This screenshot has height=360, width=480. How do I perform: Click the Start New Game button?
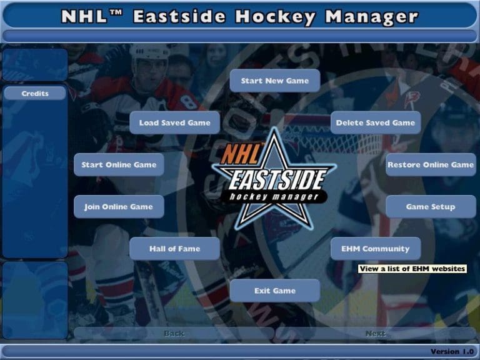[x=274, y=81]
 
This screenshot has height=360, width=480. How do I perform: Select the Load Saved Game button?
[x=174, y=122]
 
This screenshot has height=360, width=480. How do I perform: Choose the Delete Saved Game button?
[x=375, y=122]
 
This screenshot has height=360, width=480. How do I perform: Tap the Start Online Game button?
[x=119, y=164]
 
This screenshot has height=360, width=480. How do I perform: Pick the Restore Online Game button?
[x=431, y=164]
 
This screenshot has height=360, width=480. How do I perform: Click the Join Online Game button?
[x=119, y=206]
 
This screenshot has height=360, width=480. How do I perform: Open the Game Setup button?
[x=431, y=206]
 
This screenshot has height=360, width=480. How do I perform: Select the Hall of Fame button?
[x=174, y=248]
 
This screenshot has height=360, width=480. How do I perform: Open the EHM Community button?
[x=375, y=248]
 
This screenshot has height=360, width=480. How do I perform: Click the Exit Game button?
[x=274, y=290]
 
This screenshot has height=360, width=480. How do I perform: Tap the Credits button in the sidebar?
[x=35, y=93]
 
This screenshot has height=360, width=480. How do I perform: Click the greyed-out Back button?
[x=174, y=333]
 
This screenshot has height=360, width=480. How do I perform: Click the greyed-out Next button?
[x=375, y=333]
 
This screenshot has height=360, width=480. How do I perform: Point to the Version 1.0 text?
[x=452, y=352]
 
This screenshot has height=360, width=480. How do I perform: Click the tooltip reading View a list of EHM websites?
[x=412, y=269]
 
